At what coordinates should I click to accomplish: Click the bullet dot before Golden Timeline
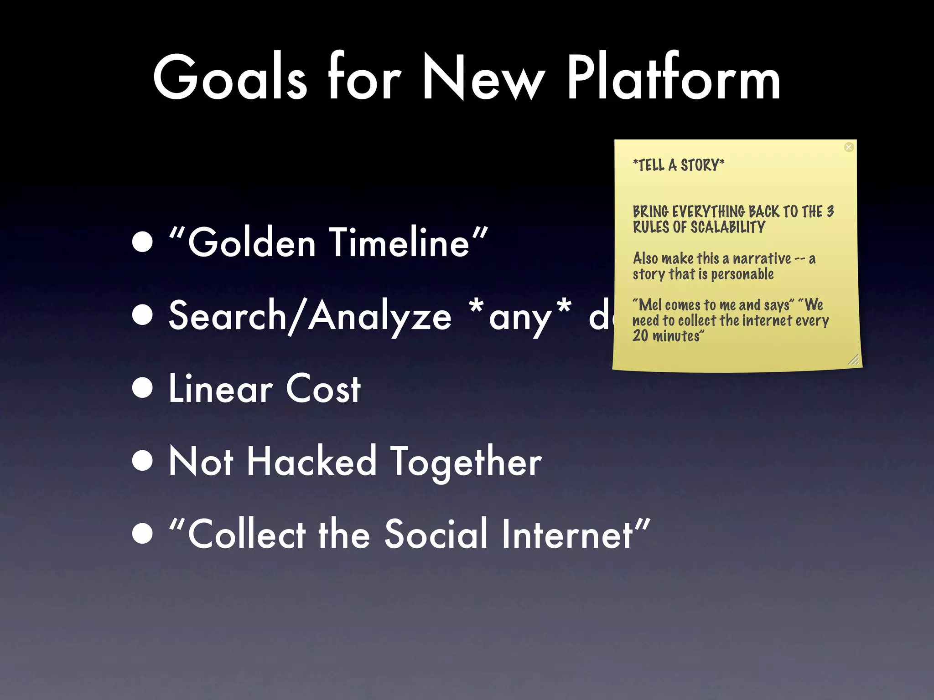coord(143,242)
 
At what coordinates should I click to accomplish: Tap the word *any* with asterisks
coord(520,316)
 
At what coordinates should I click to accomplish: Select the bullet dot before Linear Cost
coord(143,388)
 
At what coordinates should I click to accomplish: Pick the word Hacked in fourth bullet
coord(311,462)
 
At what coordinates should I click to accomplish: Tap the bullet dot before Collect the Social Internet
coord(143,534)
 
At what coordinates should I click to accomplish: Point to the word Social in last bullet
coord(436,534)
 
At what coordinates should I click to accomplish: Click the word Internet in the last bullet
coord(568,534)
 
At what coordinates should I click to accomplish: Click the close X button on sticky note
coord(849,147)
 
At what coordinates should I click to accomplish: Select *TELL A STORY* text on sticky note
coord(678,165)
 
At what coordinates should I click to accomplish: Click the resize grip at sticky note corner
coord(854,360)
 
